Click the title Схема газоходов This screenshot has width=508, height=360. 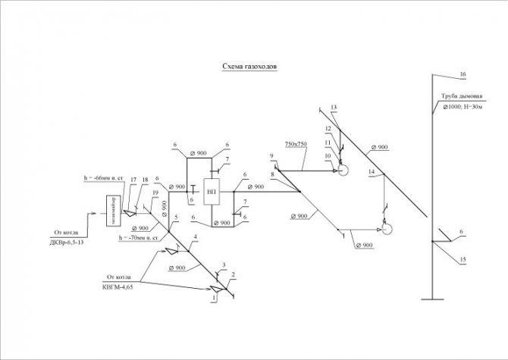click(x=249, y=67)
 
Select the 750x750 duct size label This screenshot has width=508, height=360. click(x=297, y=143)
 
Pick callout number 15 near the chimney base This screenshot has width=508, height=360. click(x=461, y=259)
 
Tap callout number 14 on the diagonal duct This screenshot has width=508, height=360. click(x=372, y=172)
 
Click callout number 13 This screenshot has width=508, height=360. click(x=333, y=107)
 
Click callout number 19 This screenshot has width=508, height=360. click(x=155, y=194)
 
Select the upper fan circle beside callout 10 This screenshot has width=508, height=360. click(x=343, y=171)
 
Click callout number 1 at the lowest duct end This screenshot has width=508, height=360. click(x=214, y=299)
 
